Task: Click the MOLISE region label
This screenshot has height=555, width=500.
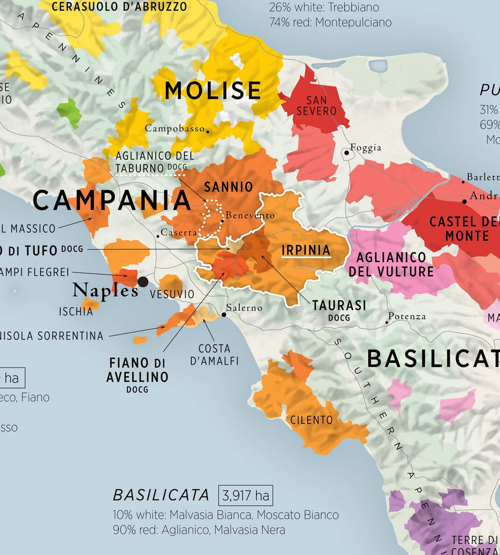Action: (213, 91)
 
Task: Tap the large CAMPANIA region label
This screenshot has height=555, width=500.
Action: (111, 201)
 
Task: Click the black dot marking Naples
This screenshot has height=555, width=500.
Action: (143, 282)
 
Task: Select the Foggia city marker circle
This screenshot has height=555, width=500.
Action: (346, 153)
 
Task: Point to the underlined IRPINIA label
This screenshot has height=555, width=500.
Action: (305, 250)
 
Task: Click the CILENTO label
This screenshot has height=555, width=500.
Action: (312, 420)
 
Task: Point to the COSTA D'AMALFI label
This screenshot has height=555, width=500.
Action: (214, 355)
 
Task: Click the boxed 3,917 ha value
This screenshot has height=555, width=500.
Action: (245, 496)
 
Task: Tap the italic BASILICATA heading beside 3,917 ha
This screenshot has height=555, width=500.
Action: (161, 496)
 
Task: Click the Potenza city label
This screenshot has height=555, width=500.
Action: (408, 316)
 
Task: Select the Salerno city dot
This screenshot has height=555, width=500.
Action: (224, 315)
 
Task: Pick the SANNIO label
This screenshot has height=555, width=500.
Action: (229, 187)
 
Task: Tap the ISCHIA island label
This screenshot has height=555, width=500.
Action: (75, 312)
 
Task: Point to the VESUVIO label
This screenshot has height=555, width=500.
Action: (172, 294)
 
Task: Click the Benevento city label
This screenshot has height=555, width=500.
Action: (250, 215)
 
